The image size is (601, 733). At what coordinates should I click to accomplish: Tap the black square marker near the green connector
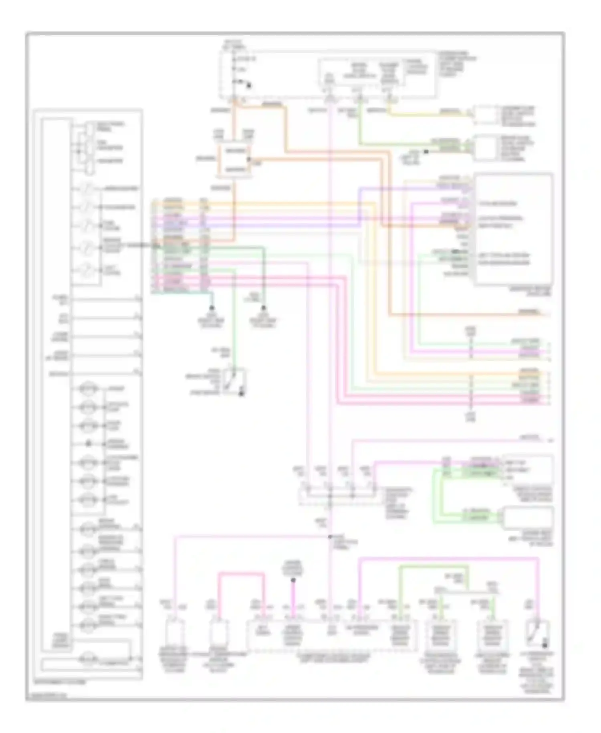click(426, 152)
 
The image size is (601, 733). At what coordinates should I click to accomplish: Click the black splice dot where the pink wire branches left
click(330, 537)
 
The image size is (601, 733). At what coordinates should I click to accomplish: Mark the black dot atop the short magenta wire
click(293, 580)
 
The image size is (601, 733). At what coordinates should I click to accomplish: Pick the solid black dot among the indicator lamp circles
click(89, 443)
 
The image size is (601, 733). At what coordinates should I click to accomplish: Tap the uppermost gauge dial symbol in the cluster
click(87, 188)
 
